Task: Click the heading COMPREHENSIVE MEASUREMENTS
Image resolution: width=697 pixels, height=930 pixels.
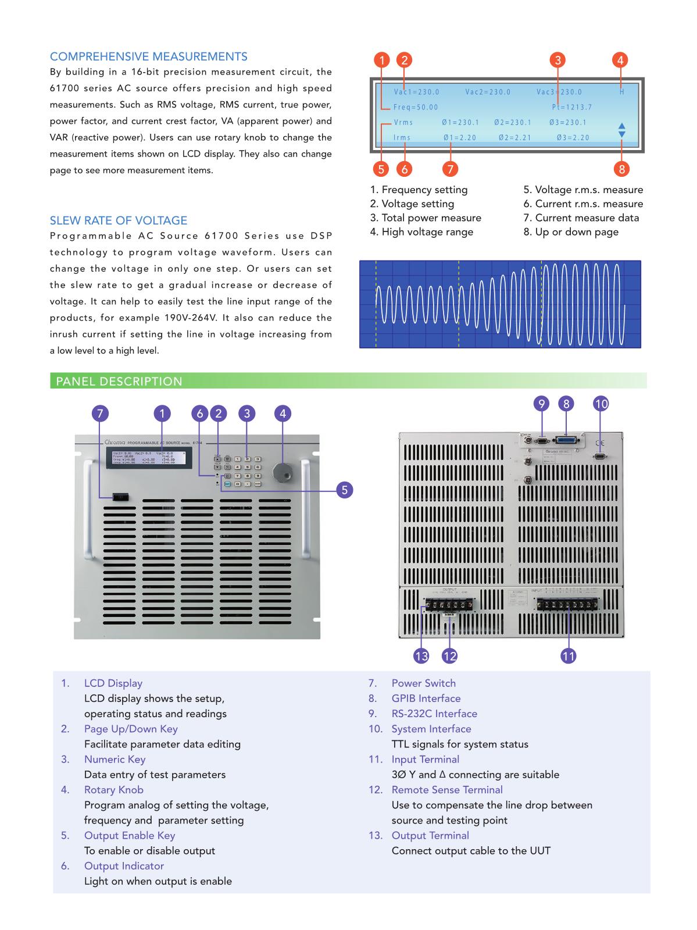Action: tap(148, 56)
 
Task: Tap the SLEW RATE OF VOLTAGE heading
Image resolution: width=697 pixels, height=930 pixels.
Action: tap(119, 220)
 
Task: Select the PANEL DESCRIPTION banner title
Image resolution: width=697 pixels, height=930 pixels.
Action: tap(119, 382)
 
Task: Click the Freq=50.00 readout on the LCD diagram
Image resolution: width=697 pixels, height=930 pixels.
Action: tap(416, 107)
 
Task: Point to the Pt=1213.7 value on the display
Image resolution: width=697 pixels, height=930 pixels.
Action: tap(572, 107)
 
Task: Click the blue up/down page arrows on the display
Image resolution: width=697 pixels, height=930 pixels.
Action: tap(621, 130)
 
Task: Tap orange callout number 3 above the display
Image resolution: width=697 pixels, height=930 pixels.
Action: tap(557, 60)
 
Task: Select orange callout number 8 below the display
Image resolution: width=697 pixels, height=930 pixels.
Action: tap(621, 169)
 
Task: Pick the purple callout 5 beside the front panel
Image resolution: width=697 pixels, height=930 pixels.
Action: tap(345, 490)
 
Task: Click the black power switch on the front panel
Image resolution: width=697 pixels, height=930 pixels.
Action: tap(121, 498)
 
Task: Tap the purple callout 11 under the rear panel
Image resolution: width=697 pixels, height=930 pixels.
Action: tap(568, 656)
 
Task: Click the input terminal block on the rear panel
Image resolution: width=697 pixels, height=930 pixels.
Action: tap(566, 605)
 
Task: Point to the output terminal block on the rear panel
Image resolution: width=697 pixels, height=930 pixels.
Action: tap(448, 605)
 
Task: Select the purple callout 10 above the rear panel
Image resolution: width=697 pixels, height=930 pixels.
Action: tap(601, 404)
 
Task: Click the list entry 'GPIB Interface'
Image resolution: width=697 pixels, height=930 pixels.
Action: tap(426, 699)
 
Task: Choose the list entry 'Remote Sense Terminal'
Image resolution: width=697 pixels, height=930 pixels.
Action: tap(446, 790)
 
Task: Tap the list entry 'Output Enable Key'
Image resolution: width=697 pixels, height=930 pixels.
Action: tap(129, 836)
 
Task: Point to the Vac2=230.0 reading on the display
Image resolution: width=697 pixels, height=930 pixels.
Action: tap(488, 92)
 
